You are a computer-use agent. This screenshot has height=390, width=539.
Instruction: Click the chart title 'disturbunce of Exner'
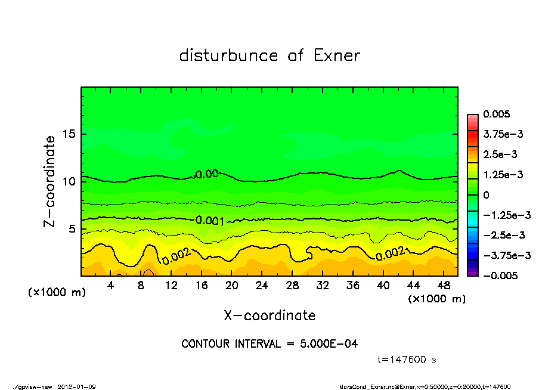tap(269, 55)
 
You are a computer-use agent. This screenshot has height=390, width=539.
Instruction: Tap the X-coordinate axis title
tap(269, 315)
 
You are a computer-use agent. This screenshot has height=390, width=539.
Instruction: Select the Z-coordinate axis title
tap(50, 181)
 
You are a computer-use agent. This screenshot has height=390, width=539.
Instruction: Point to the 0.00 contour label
tap(207, 174)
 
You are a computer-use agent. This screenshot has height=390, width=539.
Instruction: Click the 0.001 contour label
tap(210, 220)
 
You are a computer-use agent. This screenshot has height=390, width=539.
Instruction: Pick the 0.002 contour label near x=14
tap(176, 256)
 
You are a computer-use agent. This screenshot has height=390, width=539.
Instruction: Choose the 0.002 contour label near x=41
tap(391, 253)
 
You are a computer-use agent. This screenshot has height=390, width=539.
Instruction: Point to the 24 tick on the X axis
tap(262, 285)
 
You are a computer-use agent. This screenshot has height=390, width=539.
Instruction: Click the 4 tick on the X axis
tap(111, 285)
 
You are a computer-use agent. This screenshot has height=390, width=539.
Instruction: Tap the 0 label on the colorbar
tap(487, 195)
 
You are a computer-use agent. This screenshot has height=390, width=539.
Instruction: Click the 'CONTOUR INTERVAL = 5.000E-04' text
tap(269, 344)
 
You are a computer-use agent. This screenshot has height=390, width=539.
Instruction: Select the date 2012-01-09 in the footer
tap(77, 386)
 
